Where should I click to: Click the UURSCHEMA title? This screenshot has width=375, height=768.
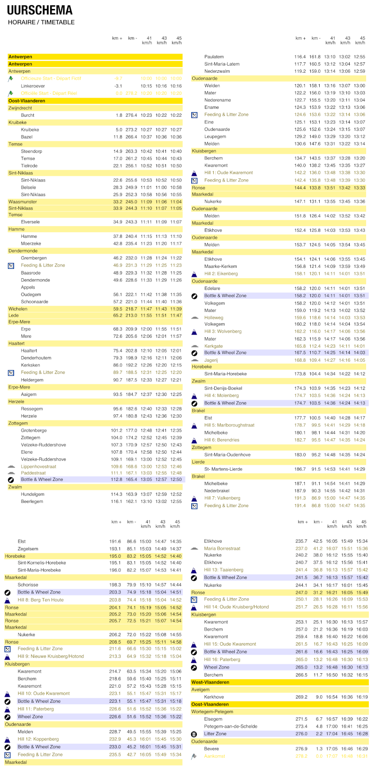pos(40,10)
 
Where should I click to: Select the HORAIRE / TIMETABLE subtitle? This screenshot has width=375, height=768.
pos(41,22)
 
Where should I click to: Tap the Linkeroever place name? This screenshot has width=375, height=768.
pos(33,86)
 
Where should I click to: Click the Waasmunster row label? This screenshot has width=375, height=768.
pos(22,202)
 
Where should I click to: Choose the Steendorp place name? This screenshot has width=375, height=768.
pos(31,151)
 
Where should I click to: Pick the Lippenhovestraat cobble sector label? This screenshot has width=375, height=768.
pos(38,466)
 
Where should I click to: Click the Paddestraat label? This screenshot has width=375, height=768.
pos(33,473)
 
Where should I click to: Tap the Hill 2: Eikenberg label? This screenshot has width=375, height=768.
pos(221,274)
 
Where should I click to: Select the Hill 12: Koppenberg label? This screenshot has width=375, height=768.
pos(38,739)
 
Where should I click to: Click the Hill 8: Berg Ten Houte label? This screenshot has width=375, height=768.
pos(40,600)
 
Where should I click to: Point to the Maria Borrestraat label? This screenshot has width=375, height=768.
pos(222,548)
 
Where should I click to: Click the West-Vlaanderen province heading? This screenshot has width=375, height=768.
pos(210,682)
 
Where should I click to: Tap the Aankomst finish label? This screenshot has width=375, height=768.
pos(214,756)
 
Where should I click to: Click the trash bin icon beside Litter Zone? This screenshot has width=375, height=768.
pos(194,734)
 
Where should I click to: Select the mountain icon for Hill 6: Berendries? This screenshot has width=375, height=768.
pos(194,440)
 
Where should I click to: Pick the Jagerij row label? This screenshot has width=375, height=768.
pos(211,360)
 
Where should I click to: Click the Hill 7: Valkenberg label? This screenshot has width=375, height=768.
pos(222,498)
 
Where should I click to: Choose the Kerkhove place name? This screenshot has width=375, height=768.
pos(214,697)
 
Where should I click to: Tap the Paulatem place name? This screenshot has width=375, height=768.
pos(214,57)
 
